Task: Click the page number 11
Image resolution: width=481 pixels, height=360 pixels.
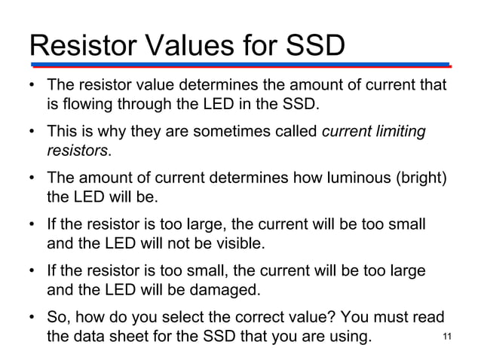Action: (x=450, y=337)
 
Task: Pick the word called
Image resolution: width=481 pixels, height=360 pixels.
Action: (x=296, y=133)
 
